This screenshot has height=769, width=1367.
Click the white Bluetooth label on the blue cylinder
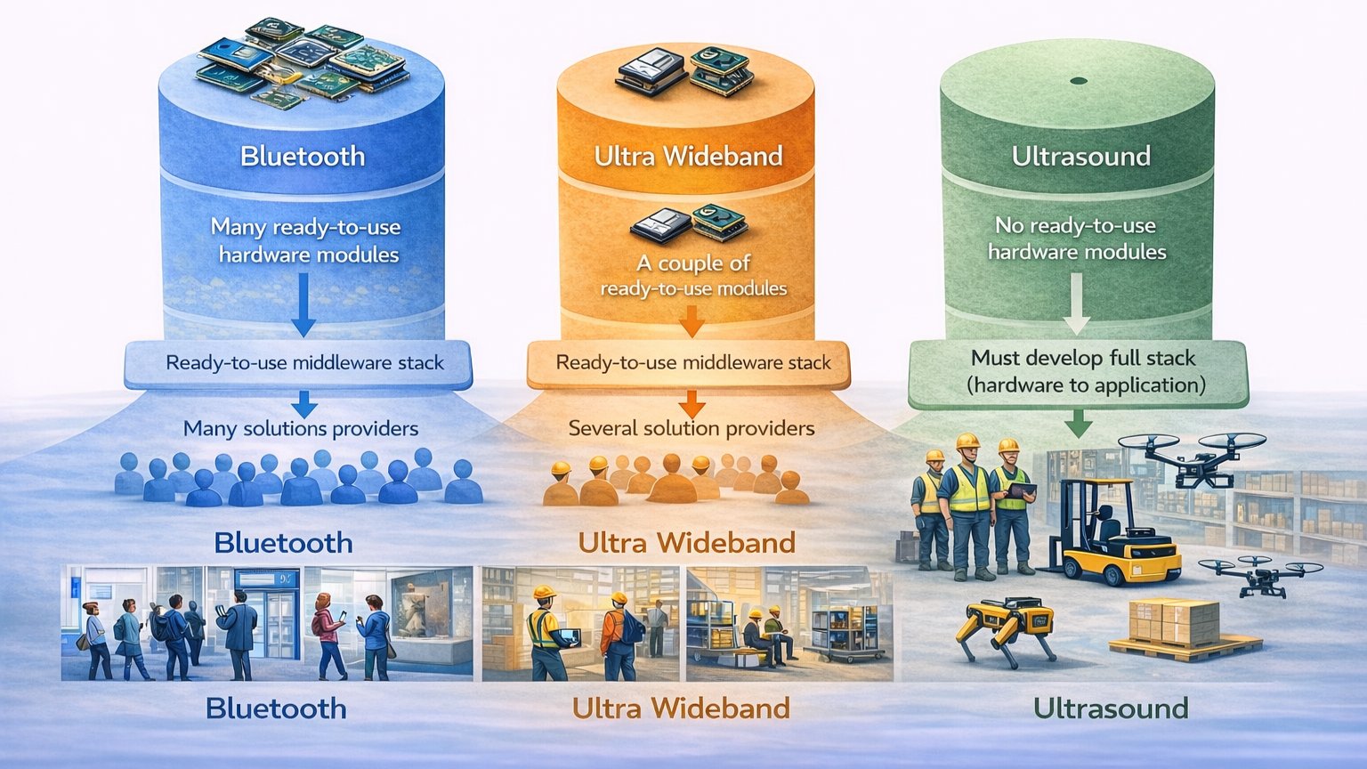tap(303, 157)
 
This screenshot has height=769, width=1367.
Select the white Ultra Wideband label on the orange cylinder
tap(688, 157)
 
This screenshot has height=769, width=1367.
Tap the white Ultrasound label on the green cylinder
tap(1080, 157)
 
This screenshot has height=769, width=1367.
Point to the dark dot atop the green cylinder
tap(1079, 81)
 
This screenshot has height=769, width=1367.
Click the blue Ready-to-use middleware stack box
tap(303, 363)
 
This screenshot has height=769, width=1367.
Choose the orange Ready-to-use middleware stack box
tap(692, 363)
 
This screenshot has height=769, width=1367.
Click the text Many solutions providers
tap(301, 429)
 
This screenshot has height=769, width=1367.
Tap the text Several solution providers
tap(692, 429)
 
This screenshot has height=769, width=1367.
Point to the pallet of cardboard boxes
tap(1175, 627)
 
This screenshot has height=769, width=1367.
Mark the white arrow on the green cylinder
tap(1076, 303)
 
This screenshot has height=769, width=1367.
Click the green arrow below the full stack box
tap(1078, 423)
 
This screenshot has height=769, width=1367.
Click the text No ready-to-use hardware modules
tap(1076, 239)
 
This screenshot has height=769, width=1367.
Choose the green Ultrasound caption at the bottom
tap(1111, 708)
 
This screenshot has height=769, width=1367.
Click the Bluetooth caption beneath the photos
tap(276, 708)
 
